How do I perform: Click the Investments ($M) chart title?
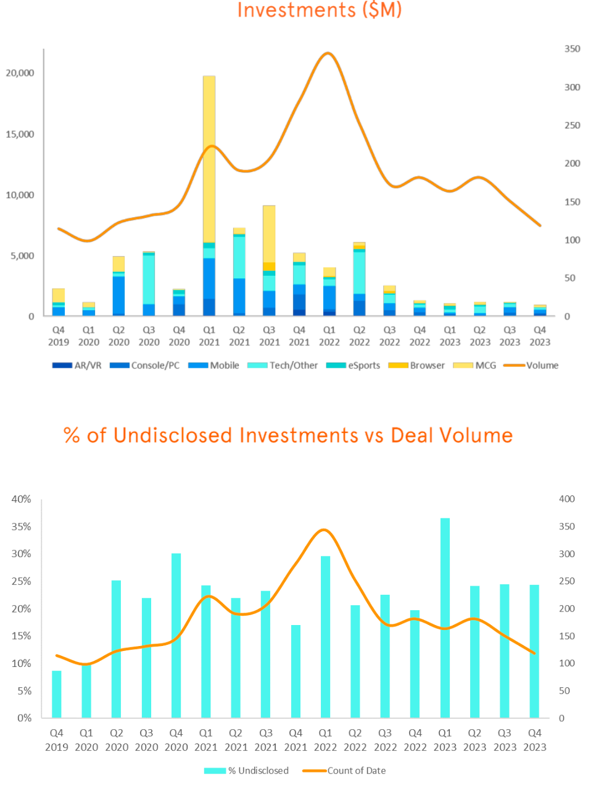(x=319, y=10)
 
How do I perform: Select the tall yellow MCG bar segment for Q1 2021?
(x=209, y=159)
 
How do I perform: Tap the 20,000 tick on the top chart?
(x=20, y=73)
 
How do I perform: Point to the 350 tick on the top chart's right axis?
(x=572, y=49)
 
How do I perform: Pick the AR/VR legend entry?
(x=88, y=365)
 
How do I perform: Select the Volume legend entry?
(x=542, y=365)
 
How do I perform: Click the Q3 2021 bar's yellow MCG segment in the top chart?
(x=269, y=234)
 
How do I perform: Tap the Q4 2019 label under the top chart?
(x=59, y=336)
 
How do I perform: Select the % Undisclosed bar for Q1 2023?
(x=445, y=618)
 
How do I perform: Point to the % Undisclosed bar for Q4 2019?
(x=57, y=694)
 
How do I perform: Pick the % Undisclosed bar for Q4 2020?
(x=176, y=636)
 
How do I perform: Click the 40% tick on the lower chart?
(x=22, y=499)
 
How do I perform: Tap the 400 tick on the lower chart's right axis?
(x=566, y=499)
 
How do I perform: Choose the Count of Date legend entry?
(x=356, y=771)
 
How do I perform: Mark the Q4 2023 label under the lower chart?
(x=534, y=740)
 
